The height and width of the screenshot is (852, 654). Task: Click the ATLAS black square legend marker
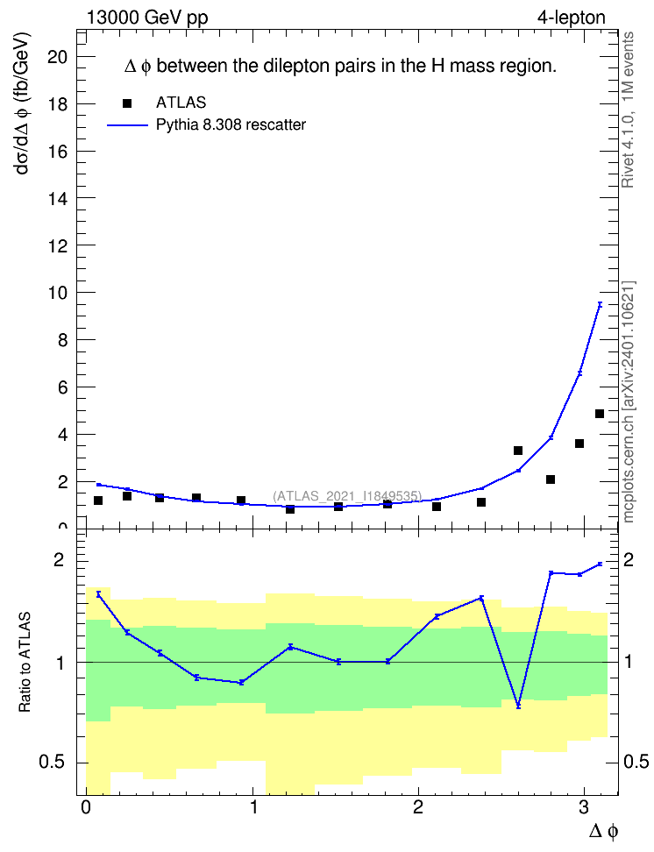point(127,103)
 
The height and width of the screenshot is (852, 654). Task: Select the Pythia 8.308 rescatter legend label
point(231,124)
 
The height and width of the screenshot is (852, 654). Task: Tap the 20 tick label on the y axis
point(59,56)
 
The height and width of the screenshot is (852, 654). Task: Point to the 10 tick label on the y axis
point(59,293)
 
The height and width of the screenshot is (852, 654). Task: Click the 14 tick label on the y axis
point(59,198)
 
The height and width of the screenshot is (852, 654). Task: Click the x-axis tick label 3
point(584,807)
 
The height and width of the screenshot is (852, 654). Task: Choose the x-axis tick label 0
point(85,807)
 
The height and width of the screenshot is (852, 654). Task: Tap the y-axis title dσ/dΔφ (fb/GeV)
point(23,103)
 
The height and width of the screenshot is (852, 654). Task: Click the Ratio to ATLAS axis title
point(25,662)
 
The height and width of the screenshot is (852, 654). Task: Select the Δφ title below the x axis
point(603,831)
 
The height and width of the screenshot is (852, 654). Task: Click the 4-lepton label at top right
point(571,18)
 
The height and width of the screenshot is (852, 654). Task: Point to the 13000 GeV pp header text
point(147,18)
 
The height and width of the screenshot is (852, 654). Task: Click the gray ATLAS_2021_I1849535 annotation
point(347,495)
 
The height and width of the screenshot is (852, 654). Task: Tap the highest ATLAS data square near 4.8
point(600,414)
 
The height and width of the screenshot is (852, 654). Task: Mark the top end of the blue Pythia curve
point(601,304)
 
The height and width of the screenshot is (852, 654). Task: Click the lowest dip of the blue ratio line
point(518,706)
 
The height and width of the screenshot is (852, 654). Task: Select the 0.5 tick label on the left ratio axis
point(53,763)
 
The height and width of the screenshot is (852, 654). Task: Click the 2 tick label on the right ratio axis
point(629,559)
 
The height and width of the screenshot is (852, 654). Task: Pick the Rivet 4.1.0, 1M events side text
point(628,110)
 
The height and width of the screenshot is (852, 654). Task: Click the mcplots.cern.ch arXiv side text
point(629,401)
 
